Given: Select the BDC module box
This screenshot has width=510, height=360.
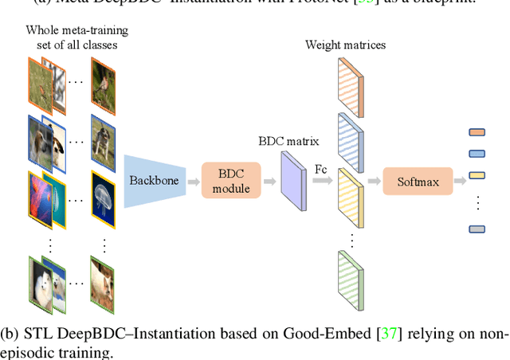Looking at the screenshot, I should click(231, 181).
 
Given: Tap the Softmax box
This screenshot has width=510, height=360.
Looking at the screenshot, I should click(417, 181).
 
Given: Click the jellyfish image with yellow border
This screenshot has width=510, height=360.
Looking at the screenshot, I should click(108, 194).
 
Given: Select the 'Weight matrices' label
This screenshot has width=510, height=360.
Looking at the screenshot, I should click(345, 45).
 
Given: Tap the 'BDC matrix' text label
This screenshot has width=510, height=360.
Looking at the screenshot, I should click(288, 141).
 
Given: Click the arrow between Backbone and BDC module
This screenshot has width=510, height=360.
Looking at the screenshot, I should click(193, 182).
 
